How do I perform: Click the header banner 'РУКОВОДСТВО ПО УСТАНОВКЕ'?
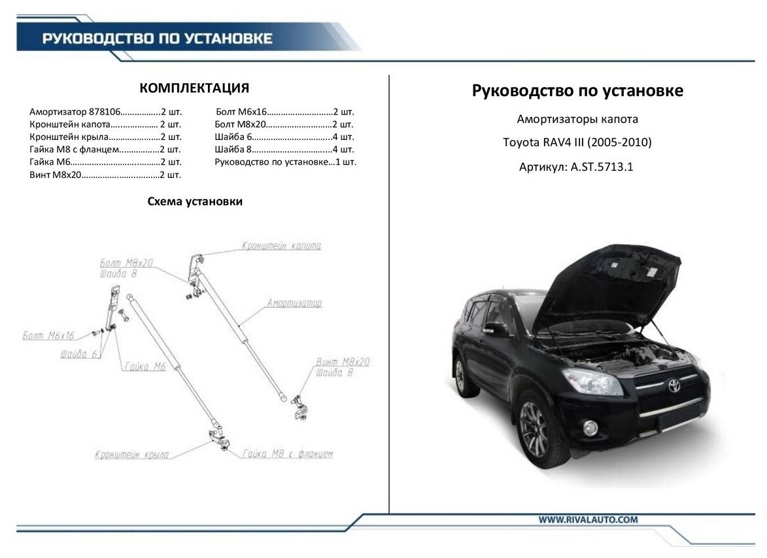[x=158, y=39]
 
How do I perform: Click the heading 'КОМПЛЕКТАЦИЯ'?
[x=194, y=88]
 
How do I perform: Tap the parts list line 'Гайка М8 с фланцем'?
[x=105, y=149]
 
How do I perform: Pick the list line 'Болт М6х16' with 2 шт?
[x=284, y=111]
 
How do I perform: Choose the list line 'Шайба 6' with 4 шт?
[x=284, y=137]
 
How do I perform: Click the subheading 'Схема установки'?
[x=195, y=201]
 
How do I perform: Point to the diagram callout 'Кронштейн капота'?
[x=281, y=247]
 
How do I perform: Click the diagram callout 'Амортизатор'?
[x=294, y=304]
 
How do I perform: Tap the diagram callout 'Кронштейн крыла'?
[x=131, y=455]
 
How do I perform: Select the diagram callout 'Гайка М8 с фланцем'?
[x=288, y=453]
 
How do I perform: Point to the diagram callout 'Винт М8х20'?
[x=343, y=362]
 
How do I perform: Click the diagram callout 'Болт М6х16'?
[x=48, y=336]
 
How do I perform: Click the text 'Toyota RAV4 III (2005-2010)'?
[x=577, y=142]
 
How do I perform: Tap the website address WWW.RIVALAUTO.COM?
[x=588, y=519]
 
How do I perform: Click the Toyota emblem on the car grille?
[x=673, y=385]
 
